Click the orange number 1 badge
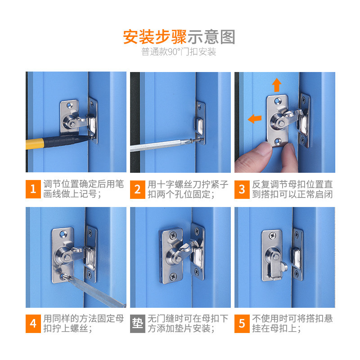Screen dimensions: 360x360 point(33,189)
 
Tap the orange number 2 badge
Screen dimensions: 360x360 point(138,189)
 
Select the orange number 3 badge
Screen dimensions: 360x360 point(242,189)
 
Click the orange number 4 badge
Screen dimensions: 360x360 point(33,324)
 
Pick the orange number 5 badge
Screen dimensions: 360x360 point(242,324)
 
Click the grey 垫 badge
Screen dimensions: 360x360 point(138,324)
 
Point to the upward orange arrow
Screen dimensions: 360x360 point(277,85)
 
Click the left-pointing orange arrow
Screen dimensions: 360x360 point(255,118)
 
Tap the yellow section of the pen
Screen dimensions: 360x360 point(35,144)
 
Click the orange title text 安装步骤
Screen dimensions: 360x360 point(154,37)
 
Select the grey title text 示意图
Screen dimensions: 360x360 point(211,37)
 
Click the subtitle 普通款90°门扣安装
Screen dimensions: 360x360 point(179,52)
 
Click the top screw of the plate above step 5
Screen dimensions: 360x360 point(273,235)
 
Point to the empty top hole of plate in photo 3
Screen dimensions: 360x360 point(278,100)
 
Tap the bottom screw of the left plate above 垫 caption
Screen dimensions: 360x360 point(173,276)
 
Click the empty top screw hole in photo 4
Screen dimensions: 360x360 point(63,234)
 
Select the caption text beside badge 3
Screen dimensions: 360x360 point(292,189)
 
